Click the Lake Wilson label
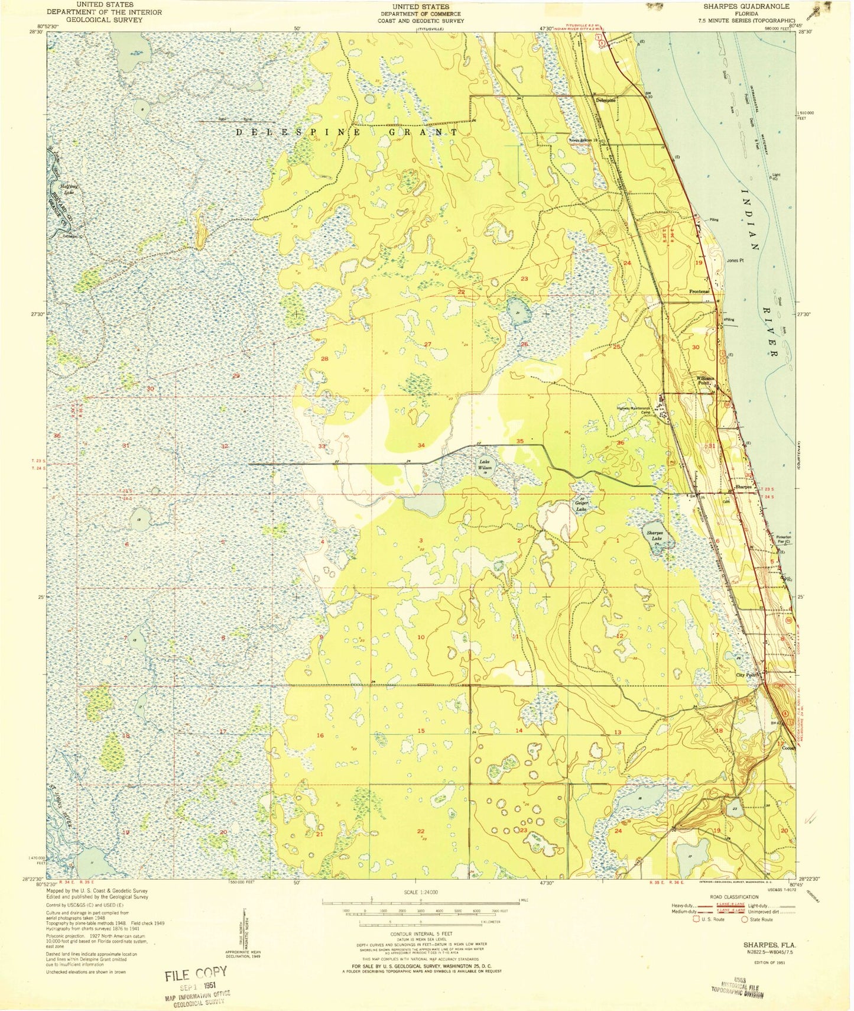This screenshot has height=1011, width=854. coord(485,465)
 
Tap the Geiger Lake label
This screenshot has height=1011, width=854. coord(582,506)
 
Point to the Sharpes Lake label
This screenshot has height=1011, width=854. coord(654,535)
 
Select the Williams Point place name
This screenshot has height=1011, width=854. coord(706,380)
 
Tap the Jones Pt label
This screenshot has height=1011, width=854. coord(735,260)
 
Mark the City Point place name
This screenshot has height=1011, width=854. coord(746,675)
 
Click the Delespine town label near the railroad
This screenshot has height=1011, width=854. coord(605,100)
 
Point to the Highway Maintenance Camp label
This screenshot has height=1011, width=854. coord(634,410)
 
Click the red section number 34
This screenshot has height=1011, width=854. coord(421,445)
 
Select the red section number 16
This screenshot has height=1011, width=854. coord(320,735)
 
